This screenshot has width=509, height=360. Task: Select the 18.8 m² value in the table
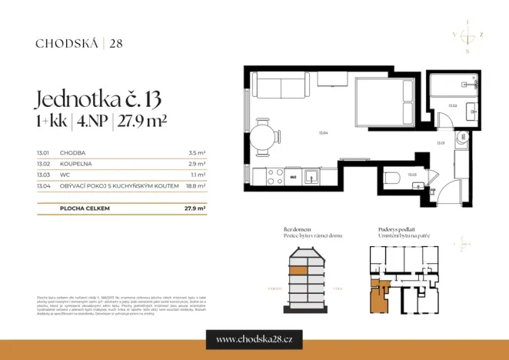point(196,185)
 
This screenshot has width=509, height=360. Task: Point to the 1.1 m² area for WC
point(198,175)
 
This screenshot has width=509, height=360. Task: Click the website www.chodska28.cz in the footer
point(254,339)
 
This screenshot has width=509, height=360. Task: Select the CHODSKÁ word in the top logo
point(67,43)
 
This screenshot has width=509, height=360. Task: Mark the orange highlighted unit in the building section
point(299,270)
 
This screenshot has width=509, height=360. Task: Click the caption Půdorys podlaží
point(398,229)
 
